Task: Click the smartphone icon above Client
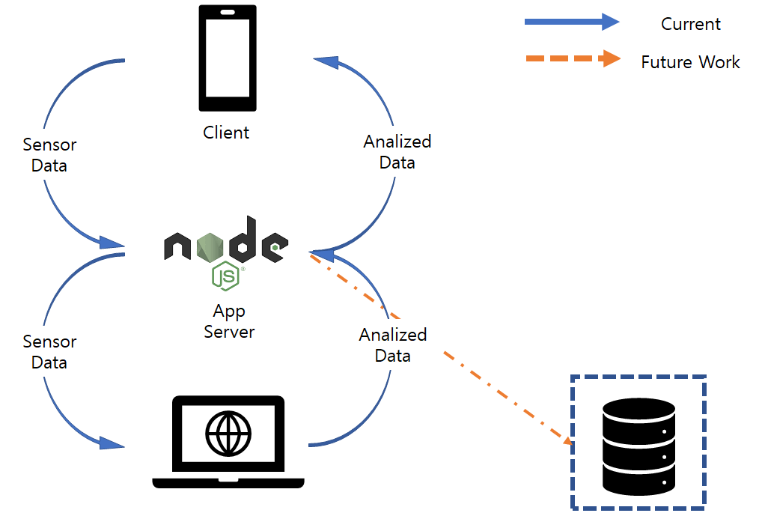pos(227,59)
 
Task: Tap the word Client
pos(226,133)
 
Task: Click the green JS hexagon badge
pos(225,276)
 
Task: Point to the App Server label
pos(229,321)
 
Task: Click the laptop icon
pos(228,442)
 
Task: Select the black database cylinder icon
pos(638,447)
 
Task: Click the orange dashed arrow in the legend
pos(572,59)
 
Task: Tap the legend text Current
pos(690,24)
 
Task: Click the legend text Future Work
pos(690,62)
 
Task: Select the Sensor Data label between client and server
pos(49,155)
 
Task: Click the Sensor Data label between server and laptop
pos(49,352)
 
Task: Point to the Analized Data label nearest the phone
pos(397,151)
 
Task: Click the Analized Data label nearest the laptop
pos(393,345)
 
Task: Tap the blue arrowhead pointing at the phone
pos(327,63)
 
